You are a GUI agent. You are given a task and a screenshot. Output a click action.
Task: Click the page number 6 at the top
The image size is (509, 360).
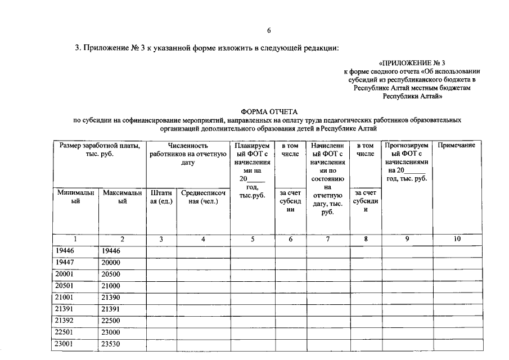coord(269,30)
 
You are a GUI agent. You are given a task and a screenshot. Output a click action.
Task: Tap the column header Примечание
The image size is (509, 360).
coord(457,145)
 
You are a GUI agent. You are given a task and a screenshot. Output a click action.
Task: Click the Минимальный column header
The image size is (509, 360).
coord(75,197)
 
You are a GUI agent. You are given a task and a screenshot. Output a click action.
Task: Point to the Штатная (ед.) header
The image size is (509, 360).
coord(161,197)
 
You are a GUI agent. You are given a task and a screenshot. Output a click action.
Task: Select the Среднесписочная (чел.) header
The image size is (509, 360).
coord(203,197)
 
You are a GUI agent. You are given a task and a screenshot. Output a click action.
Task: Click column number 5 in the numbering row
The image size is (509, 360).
coord(253,239)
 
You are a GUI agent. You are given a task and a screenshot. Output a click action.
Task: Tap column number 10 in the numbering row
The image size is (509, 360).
coord(457,239)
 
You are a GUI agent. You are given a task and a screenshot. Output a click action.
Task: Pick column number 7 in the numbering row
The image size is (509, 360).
coord(328,239)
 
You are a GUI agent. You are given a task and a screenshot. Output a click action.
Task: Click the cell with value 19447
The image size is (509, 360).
coord(65,263)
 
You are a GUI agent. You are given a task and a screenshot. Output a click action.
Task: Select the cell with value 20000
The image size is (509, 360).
coord(111,263)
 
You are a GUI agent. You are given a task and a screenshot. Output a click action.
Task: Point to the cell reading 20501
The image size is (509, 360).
coord(65,286)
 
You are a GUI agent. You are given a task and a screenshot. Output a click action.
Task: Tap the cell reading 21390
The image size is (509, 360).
coord(111,298)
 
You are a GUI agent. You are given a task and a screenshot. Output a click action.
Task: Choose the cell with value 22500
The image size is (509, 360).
coord(111,321)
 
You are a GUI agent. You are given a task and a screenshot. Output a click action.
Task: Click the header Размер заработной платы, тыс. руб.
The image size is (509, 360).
coord(98,150)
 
